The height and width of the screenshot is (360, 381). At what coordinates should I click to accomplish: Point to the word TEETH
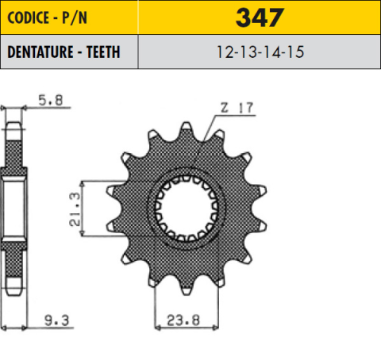[x=101, y=53]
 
